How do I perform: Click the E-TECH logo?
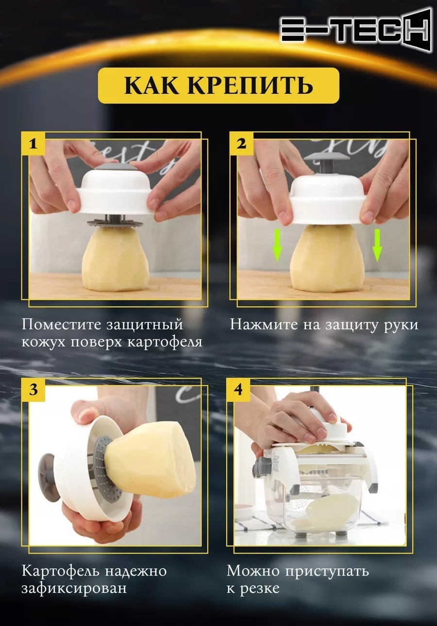[354, 30]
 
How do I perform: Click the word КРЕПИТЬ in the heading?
[250, 86]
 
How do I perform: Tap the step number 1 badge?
[34, 144]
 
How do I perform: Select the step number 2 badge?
[241, 144]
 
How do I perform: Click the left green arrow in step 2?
[277, 245]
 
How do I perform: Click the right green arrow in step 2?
[378, 245]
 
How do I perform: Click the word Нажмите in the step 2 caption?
[264, 325]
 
